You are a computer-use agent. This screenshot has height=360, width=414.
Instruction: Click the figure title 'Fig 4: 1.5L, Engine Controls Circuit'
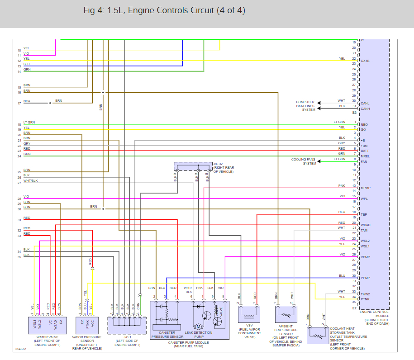(x=164, y=10)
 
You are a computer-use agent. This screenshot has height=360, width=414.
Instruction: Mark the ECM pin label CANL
(x=365, y=103)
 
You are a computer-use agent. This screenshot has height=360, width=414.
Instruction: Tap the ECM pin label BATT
(x=365, y=151)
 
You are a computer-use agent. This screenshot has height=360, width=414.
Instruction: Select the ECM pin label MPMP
(x=366, y=188)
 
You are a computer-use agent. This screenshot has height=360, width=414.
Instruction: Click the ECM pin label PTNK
(x=366, y=299)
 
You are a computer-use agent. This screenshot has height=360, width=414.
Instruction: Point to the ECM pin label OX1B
(x=365, y=61)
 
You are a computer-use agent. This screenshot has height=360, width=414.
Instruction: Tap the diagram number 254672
(x=20, y=349)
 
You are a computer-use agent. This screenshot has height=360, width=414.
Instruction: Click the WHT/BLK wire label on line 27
(x=30, y=181)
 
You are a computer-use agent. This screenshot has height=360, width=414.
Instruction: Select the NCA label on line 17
(x=27, y=101)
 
